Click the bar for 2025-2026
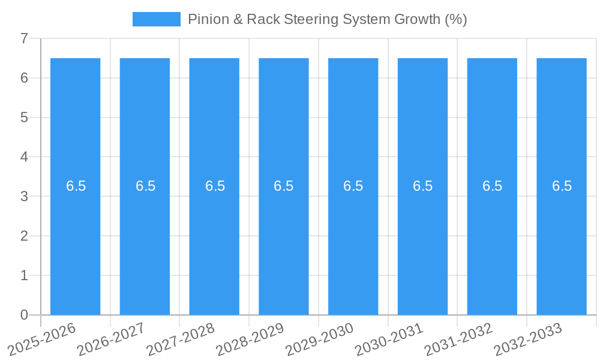point(76,240)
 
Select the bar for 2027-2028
point(214,240)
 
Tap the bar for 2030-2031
point(422,240)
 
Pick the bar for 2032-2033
point(562,240)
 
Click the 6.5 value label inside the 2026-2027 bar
point(145,186)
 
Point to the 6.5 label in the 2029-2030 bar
point(353,186)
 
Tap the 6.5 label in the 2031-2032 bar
point(492,186)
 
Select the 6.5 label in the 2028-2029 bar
point(284,186)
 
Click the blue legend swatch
point(157,19)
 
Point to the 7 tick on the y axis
point(24,38)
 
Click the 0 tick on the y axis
point(24,315)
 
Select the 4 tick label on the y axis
point(24,157)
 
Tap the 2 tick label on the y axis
point(24,236)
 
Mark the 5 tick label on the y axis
point(24,118)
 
